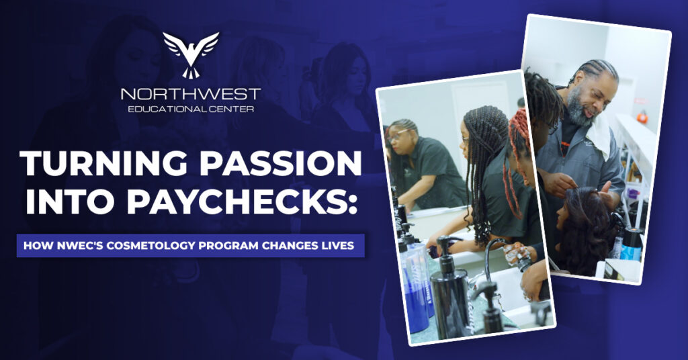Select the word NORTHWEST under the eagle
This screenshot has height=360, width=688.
[x=191, y=94]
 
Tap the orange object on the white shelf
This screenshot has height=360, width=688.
[x=642, y=117]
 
